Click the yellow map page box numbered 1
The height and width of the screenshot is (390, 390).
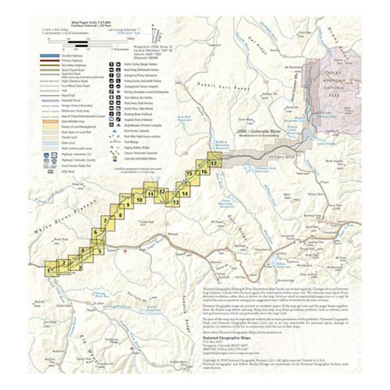pyautogui.click(x=51, y=270)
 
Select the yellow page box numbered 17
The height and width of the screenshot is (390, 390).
pyautogui.click(x=214, y=160)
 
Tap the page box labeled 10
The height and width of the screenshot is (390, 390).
pyautogui.click(x=139, y=199)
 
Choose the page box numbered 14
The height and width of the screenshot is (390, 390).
pyautogui.click(x=184, y=192)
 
